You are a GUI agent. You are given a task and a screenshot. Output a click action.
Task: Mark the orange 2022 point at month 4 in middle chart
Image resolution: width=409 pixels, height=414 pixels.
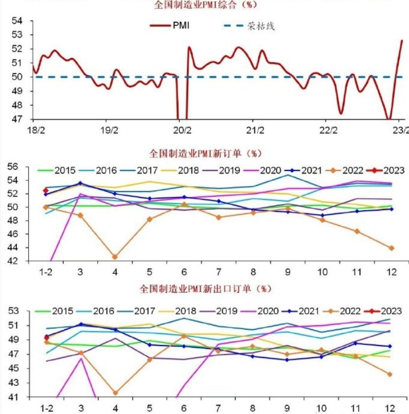click(x=114, y=257)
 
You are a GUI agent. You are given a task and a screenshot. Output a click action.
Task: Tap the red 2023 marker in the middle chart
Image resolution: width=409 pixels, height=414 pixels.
click(x=46, y=191)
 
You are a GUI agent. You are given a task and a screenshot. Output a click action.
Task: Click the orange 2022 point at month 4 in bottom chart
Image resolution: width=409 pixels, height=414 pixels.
click(x=114, y=393)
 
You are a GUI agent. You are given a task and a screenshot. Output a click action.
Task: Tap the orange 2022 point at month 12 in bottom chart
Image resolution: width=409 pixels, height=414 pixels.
click(x=390, y=374)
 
